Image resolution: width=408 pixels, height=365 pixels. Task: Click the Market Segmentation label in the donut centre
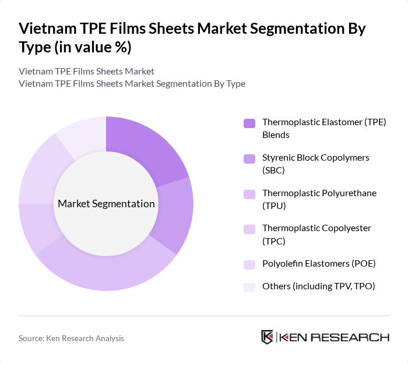(x=106, y=204)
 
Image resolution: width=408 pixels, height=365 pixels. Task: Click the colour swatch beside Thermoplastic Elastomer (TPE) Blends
(x=249, y=123)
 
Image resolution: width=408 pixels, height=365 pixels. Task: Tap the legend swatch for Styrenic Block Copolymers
(x=249, y=158)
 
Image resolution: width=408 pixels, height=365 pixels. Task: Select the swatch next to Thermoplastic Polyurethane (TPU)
(x=249, y=193)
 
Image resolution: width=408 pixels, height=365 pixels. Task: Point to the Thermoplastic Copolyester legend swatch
(x=249, y=228)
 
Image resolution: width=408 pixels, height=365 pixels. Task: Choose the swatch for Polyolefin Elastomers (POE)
(x=249, y=264)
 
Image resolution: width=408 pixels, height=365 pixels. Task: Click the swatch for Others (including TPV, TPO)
(x=249, y=286)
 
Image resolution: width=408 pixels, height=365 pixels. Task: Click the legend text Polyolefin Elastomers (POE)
(x=319, y=264)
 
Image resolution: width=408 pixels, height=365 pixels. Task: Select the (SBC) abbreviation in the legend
(x=273, y=170)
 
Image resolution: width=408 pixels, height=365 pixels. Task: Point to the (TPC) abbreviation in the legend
(x=273, y=240)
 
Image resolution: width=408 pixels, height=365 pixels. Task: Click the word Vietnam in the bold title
(x=44, y=29)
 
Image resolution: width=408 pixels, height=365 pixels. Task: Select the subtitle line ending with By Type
(x=132, y=83)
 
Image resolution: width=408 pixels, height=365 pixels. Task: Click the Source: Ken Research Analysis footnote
(x=71, y=338)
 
